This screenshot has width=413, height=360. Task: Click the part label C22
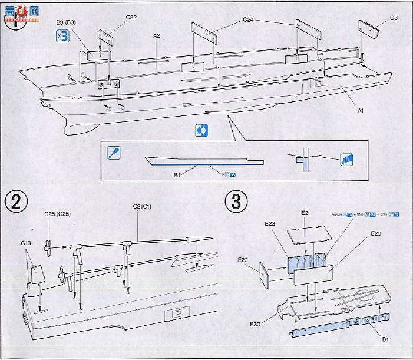[130, 18]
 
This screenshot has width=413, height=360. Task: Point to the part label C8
[394, 18]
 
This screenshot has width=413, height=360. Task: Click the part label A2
[157, 36]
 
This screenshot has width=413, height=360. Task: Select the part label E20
[377, 234]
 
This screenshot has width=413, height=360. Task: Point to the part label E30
[255, 323]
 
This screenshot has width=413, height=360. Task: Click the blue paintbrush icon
[114, 153]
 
